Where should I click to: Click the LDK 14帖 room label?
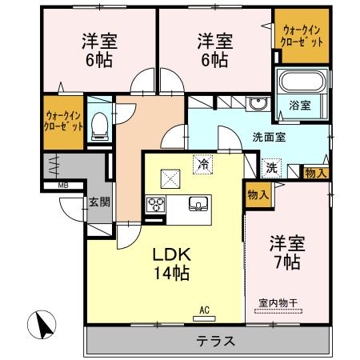pos(171,264)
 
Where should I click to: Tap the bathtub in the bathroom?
pos(300,82)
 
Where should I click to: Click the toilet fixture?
pos(99,124)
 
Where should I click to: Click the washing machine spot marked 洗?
pos(272,168)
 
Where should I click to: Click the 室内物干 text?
pos(278,303)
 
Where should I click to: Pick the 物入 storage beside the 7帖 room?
pos(258,194)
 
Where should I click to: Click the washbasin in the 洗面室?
pos(258,104)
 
